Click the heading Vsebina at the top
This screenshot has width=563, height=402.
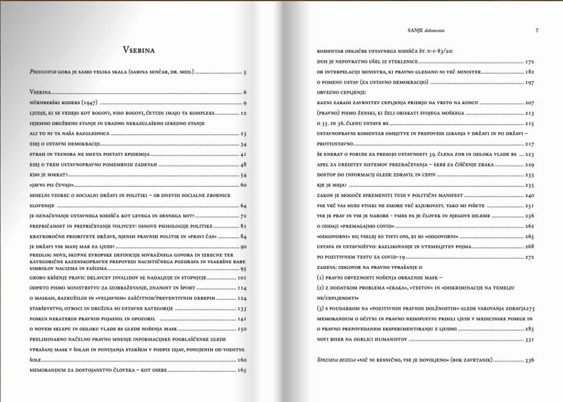click(138, 50)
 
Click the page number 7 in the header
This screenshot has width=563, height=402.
click(536, 30)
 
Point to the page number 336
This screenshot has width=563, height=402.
click(529, 360)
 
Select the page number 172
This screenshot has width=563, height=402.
click(529, 61)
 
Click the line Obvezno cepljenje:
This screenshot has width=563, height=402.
click(342, 92)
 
